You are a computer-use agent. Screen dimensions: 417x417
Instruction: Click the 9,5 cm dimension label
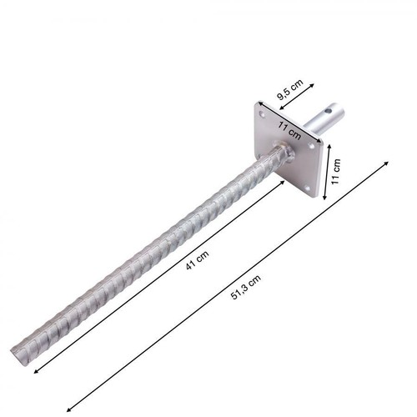click(289, 89)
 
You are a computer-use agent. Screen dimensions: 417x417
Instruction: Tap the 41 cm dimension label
click(197, 260)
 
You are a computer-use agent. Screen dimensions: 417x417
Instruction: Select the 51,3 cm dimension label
click(246, 287)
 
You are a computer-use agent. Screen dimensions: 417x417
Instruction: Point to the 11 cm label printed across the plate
click(289, 130)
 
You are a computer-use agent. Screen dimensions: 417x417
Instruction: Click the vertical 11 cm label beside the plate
click(336, 171)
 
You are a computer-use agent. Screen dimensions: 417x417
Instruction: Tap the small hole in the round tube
click(329, 111)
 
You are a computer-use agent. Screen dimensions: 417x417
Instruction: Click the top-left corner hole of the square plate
click(262, 113)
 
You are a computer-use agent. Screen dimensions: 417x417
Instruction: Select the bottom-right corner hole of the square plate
click(307, 188)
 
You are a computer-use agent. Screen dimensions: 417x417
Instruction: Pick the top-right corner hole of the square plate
click(310, 145)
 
